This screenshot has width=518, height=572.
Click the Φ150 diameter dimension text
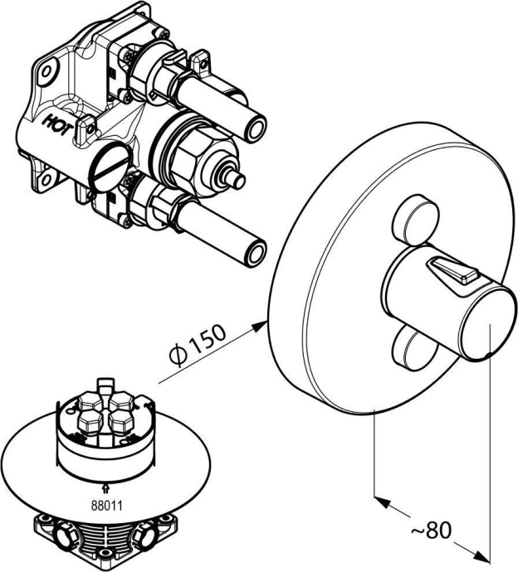click(x=198, y=345)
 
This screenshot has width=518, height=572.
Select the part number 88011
click(x=106, y=506)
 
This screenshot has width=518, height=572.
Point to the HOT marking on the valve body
click(x=59, y=124)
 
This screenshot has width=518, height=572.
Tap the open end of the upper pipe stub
click(x=256, y=128)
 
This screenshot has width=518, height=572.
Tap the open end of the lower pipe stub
click(x=256, y=252)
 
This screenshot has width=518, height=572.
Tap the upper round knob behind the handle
click(x=414, y=221)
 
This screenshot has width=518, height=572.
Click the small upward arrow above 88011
click(x=106, y=487)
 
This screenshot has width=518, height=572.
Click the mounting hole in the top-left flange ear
click(x=46, y=71)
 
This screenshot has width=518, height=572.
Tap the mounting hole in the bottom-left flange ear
click(x=46, y=180)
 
